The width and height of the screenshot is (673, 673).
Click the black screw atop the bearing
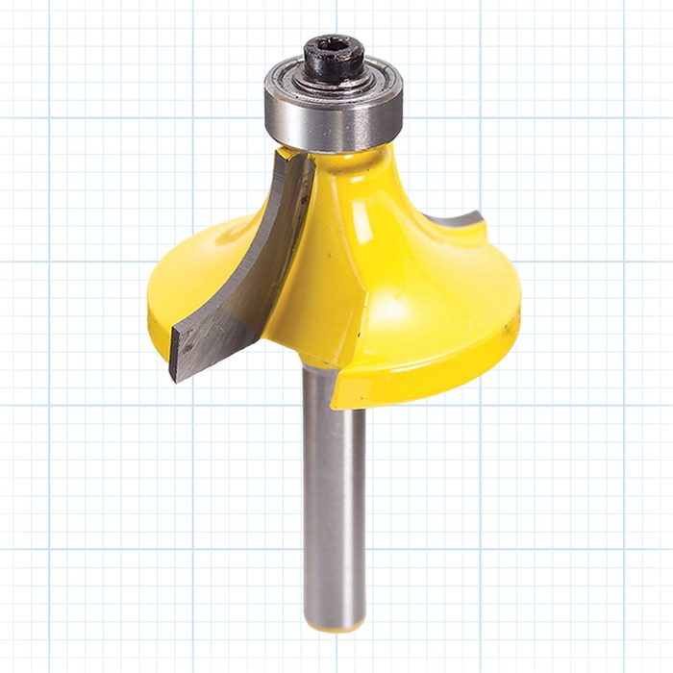pyautogui.click(x=334, y=58)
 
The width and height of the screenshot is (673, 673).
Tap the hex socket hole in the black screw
pyautogui.click(x=335, y=49)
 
